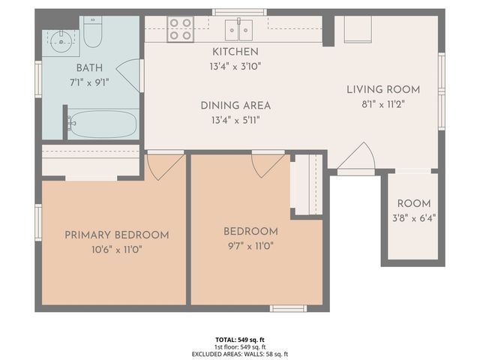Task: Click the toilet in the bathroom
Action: [x=93, y=34]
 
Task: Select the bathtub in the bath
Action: [x=103, y=123]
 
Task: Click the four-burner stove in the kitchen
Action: [x=181, y=28]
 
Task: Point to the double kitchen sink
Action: [x=238, y=30]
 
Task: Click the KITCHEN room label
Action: [x=235, y=52]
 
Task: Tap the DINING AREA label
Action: [x=235, y=106]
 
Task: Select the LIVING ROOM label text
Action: [x=382, y=90]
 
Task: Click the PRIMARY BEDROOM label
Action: [x=116, y=235]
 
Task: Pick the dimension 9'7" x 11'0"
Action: [x=250, y=246]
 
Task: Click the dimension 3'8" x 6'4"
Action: [x=413, y=218]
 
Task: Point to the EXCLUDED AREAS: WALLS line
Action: [x=240, y=354]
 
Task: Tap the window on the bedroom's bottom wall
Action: [x=288, y=308]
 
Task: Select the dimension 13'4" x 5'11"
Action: [x=235, y=119]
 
